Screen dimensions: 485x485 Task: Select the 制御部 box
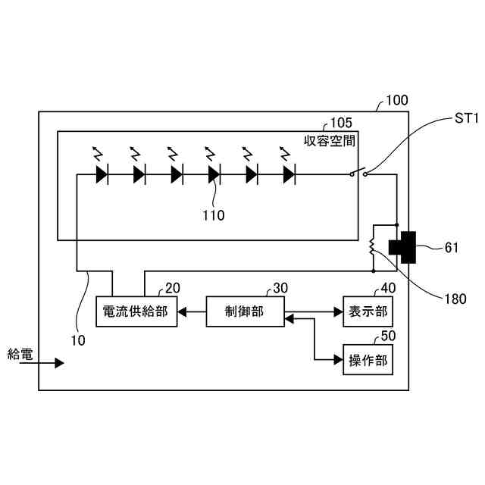[245, 311]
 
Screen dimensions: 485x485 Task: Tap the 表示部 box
[368, 311]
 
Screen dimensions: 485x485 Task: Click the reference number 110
[213, 215]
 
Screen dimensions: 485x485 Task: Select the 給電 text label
[20, 353]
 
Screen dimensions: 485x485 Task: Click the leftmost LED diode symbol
[102, 174]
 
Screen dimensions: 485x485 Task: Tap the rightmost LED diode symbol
[288, 174]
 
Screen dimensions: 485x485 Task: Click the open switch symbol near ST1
[358, 171]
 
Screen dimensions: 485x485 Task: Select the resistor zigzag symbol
[372, 247]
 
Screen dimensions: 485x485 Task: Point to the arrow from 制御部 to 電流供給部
[192, 311]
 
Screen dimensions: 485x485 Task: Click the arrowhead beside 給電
[60, 363]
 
